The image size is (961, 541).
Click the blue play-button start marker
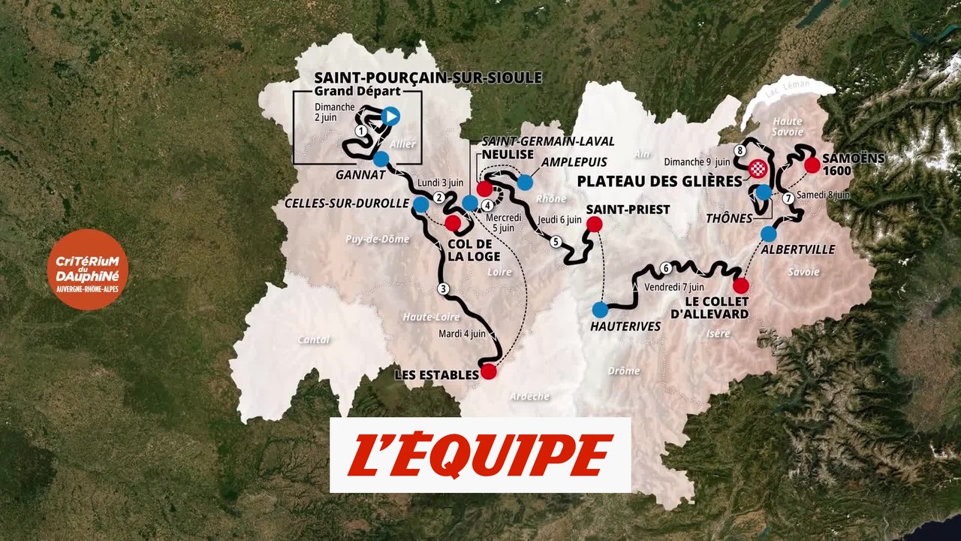tap(390, 116)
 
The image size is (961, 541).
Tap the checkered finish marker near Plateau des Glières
tap(756, 168)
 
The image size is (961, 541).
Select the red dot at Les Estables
tap(489, 371)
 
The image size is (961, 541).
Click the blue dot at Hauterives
tap(600, 309)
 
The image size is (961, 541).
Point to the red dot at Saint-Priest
tap(594, 224)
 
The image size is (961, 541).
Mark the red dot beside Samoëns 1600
tap(811, 165)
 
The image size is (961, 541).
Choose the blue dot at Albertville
tap(768, 234)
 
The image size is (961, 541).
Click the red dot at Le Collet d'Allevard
tap(741, 286)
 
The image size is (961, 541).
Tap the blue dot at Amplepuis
tap(525, 182)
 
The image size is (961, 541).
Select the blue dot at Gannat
tap(381, 159)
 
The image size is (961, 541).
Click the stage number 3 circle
tap(443, 289)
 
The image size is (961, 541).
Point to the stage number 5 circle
tap(556, 242)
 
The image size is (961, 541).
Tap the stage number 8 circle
tap(740, 151)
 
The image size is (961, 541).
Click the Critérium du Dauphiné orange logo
tap(87, 269)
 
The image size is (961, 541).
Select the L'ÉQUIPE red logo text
tap(480, 455)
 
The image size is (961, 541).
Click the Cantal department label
tap(313, 340)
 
